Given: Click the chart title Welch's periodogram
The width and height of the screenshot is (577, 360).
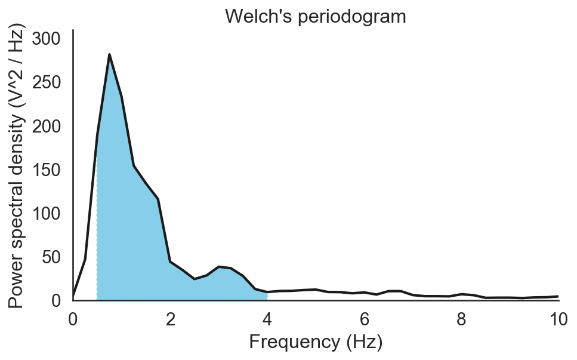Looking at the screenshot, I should (x=316, y=16).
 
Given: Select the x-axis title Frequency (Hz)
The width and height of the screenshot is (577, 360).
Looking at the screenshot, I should (x=316, y=342).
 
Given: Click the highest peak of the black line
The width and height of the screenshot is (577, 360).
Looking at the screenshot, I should (x=110, y=55).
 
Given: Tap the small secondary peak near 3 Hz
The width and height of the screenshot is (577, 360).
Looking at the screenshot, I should (x=219, y=267).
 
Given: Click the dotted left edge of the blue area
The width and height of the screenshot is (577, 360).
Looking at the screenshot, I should (x=97, y=227).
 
